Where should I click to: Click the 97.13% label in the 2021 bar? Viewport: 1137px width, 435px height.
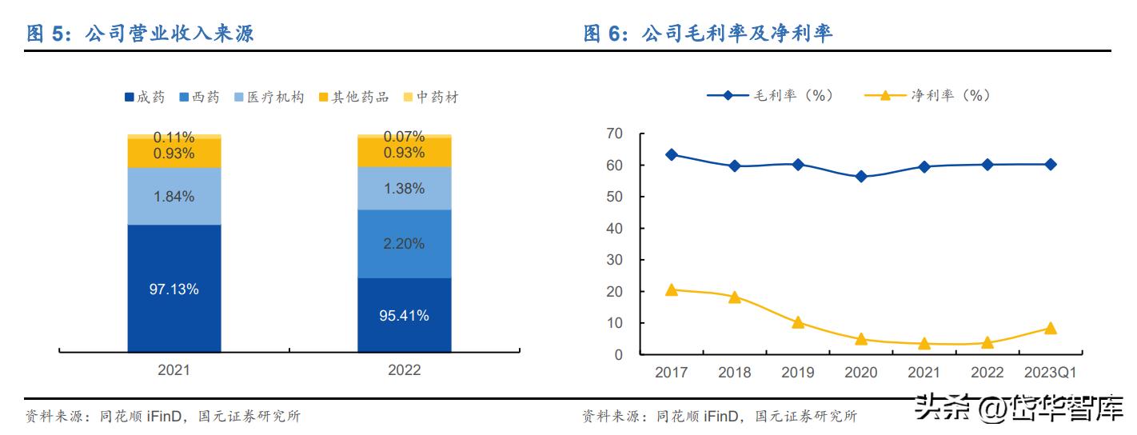coord(174,289)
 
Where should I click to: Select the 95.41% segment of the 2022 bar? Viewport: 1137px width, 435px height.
coord(404,315)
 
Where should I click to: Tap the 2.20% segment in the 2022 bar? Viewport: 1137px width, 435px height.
coord(404,244)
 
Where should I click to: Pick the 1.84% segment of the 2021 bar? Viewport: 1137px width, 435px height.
coord(174,196)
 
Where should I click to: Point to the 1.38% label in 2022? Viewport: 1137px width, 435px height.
coord(404,188)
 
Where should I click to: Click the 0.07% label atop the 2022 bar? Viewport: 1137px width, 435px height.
coord(404,137)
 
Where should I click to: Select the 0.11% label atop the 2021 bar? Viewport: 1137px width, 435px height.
coord(174,137)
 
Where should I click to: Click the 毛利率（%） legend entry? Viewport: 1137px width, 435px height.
coord(771,95)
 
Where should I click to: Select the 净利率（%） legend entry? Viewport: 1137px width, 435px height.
coord(928,95)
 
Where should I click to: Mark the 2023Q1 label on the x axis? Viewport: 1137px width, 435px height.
coord(1050,373)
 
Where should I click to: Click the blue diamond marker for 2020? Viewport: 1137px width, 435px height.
coord(860,177)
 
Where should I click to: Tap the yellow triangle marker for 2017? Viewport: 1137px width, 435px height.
coord(672,289)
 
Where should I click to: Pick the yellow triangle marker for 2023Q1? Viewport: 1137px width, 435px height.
coord(1050,328)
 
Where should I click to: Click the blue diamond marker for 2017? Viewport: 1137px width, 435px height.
coord(672,154)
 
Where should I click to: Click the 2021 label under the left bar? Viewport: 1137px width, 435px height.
coord(174,370)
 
